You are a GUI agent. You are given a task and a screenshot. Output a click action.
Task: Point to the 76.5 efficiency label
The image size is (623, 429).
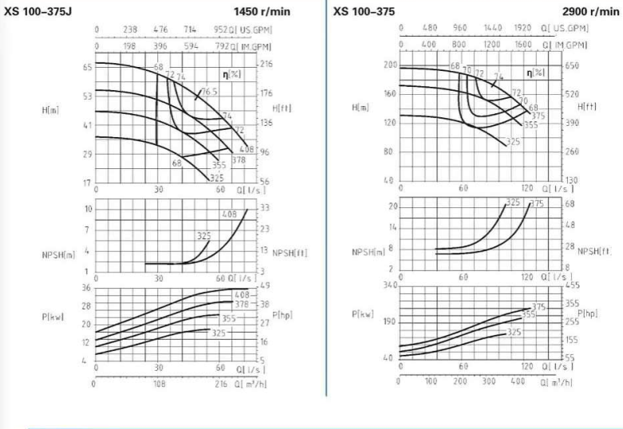click(x=210, y=92)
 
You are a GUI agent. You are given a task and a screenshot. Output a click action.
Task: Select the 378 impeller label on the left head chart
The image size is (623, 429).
click(x=238, y=159)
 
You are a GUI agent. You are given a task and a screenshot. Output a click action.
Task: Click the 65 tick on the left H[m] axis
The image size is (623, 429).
click(x=88, y=68)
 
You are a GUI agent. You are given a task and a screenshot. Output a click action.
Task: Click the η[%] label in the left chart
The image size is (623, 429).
click(x=234, y=74)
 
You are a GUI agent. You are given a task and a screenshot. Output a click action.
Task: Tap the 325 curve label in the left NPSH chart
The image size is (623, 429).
click(x=204, y=235)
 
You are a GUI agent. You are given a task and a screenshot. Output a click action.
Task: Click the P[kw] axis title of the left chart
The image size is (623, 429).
click(x=53, y=317)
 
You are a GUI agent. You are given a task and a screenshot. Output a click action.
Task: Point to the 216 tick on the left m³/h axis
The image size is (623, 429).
click(x=221, y=384)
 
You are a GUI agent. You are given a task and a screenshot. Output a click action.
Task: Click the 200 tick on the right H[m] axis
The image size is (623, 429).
click(x=390, y=65)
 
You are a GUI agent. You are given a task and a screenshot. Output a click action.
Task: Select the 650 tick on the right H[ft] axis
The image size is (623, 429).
click(x=572, y=65)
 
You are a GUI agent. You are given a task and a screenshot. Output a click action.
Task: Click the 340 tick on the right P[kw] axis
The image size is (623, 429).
click(x=389, y=285)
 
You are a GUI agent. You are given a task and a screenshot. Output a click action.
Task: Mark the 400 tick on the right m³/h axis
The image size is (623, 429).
click(x=518, y=381)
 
